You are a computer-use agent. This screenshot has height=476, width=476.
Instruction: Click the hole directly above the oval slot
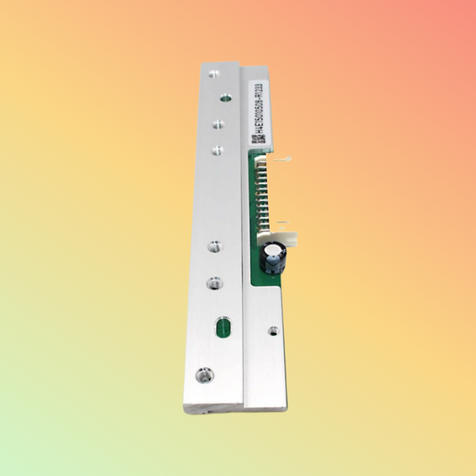(x=213, y=283)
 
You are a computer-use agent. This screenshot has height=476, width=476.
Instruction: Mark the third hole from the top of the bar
(x=216, y=127)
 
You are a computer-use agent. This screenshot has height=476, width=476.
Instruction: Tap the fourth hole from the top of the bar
(x=215, y=150)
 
